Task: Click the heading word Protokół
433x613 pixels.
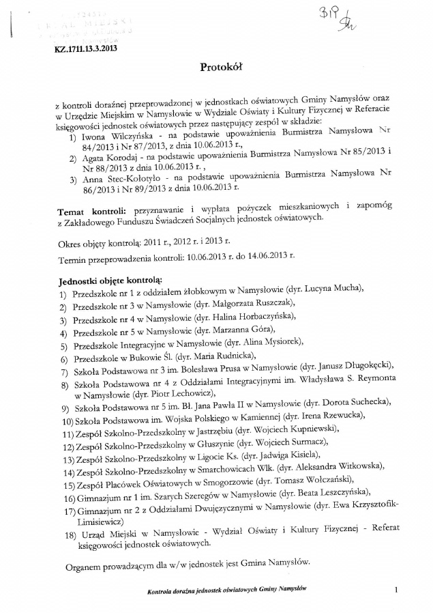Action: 221,67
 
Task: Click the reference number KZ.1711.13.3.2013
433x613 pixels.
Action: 87,49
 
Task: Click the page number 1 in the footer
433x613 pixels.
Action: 395,589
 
